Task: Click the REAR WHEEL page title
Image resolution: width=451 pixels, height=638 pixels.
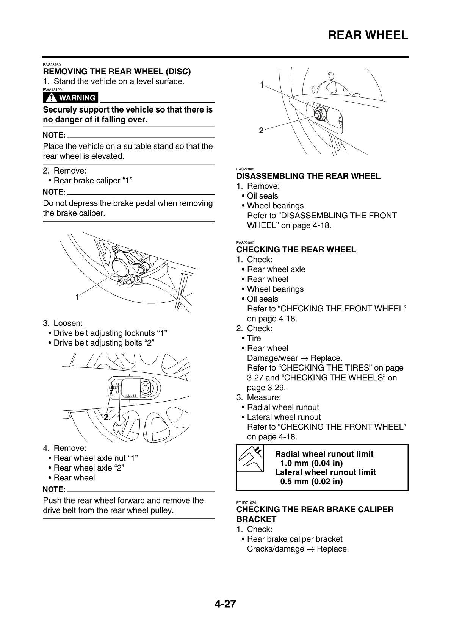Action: [x=368, y=35]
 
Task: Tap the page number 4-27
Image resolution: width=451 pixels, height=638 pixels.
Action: [x=225, y=604]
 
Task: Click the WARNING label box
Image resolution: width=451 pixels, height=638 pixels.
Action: [x=70, y=98]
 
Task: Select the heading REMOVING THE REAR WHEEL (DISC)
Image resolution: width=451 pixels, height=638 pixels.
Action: [x=117, y=72]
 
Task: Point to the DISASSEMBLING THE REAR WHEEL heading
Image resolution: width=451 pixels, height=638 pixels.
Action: [x=308, y=176]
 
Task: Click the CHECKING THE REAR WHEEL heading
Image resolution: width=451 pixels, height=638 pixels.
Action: [x=296, y=250]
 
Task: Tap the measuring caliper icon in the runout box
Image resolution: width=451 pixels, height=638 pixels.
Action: [x=250, y=458]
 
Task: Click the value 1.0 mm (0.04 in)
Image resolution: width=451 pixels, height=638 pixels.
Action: [x=311, y=463]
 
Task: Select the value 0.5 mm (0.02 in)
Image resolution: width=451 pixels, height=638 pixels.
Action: [x=311, y=482]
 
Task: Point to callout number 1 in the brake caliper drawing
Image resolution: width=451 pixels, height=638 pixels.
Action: [x=77, y=297]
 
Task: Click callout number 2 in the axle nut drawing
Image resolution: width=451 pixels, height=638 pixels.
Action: [x=261, y=131]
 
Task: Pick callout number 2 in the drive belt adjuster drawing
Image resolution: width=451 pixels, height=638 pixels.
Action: [x=106, y=417]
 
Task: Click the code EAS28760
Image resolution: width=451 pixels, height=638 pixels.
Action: [x=52, y=65]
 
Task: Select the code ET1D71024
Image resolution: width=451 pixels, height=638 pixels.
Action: [x=246, y=502]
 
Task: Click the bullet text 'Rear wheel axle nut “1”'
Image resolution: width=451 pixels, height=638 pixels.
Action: [x=96, y=458]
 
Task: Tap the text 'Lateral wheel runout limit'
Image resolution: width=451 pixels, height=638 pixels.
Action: [x=325, y=472]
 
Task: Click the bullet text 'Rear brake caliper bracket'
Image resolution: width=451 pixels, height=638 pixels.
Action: [x=294, y=539]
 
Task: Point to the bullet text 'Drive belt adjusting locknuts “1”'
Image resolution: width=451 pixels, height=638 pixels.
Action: [x=110, y=333]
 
